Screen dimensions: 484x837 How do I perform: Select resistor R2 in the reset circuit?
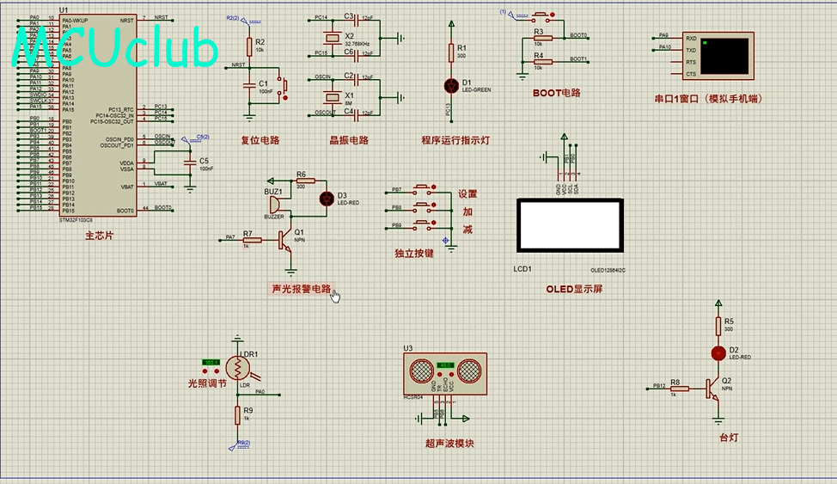tap(249, 46)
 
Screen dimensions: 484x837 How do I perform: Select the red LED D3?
tap(327, 198)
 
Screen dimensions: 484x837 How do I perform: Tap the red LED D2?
tap(718, 353)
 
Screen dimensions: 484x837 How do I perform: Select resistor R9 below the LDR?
tap(237, 415)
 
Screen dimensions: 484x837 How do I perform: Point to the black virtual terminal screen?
tap(726, 55)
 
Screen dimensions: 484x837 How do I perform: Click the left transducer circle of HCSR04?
tap(422, 371)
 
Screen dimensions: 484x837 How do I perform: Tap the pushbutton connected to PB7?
tap(424, 189)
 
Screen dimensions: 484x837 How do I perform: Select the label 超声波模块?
tap(449, 444)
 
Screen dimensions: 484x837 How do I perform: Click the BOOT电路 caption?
tap(556, 93)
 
